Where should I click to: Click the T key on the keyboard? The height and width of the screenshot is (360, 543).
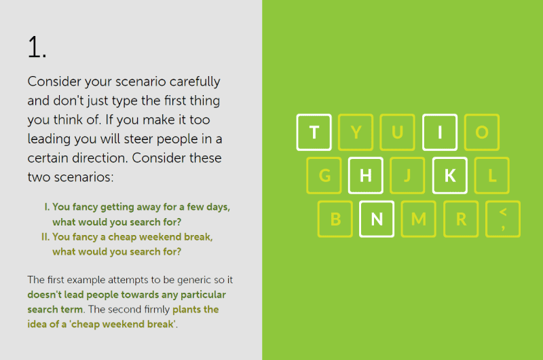pyautogui.click(x=314, y=132)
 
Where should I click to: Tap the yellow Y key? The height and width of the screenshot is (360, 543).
pyautogui.click(x=356, y=132)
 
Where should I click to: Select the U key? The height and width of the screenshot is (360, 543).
pyautogui.click(x=397, y=132)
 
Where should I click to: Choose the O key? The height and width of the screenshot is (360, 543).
pyautogui.click(x=482, y=132)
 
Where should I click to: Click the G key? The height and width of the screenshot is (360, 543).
pyautogui.click(x=324, y=175)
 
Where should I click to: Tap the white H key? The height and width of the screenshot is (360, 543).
pyautogui.click(x=366, y=175)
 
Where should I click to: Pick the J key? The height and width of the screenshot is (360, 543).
pyautogui.click(x=407, y=175)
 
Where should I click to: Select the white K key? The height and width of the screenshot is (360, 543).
pyautogui.click(x=450, y=175)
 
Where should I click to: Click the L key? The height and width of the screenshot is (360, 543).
pyautogui.click(x=491, y=175)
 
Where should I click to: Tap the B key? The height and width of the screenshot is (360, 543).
pyautogui.click(x=335, y=219)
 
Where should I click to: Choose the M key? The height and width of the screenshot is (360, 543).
pyautogui.click(x=419, y=219)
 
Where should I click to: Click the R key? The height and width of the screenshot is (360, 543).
pyautogui.click(x=461, y=219)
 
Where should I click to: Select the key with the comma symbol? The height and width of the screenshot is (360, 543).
pyautogui.click(x=503, y=219)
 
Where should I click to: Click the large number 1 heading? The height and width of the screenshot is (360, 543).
pyautogui.click(x=37, y=47)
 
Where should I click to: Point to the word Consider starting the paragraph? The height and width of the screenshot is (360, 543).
pyautogui.click(x=54, y=82)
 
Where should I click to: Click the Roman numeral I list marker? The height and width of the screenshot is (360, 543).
pyautogui.click(x=47, y=207)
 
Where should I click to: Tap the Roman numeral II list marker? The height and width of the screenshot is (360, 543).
pyautogui.click(x=45, y=236)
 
